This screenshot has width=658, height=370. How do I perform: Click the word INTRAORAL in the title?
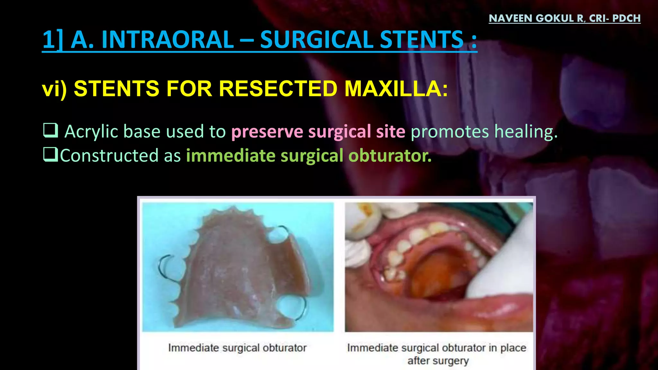pyautogui.click(x=152, y=40)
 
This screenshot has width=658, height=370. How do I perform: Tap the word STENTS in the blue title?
pyautogui.click(x=422, y=40)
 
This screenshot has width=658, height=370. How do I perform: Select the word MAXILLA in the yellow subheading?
pyautogui.click(x=396, y=88)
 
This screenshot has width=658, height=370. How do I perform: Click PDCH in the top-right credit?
pyautogui.click(x=627, y=18)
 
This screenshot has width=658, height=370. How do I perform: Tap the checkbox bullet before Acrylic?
pyautogui.click(x=51, y=131)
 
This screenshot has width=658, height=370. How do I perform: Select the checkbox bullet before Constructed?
pyautogui.click(x=51, y=154)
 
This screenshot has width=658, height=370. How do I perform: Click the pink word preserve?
pyautogui.click(x=267, y=132)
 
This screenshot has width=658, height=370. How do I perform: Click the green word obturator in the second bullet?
pyautogui.click(x=390, y=156)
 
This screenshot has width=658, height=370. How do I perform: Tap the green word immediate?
pyautogui.click(x=230, y=156)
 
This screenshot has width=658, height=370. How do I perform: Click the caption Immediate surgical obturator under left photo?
pyautogui.click(x=237, y=348)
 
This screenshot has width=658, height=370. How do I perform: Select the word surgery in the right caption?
pyautogui.click(x=438, y=361)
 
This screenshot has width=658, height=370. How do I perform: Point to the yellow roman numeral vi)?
pyautogui.click(x=54, y=88)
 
